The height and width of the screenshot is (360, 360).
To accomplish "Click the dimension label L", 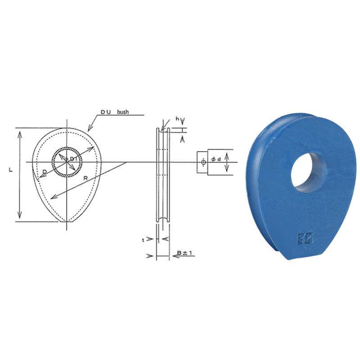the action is (11, 170).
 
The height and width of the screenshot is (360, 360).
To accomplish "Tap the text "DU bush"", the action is (115, 112).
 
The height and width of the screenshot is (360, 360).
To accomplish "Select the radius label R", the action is (85, 178).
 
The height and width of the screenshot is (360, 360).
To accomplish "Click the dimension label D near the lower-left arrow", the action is (45, 172).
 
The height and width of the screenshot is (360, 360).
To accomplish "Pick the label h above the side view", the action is (177, 118).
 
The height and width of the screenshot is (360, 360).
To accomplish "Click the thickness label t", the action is (143, 240).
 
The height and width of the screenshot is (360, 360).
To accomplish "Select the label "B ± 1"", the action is (185, 253).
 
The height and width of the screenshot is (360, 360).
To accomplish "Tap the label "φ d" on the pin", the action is (216, 159).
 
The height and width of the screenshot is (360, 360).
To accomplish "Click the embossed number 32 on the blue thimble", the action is (306, 238).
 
